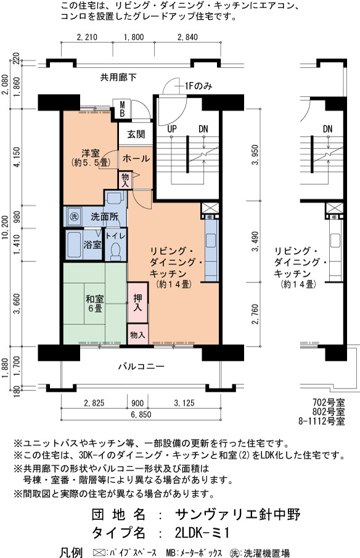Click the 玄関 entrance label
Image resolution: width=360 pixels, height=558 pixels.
tap(136, 134)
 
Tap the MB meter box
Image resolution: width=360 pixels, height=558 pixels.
tap(121, 109)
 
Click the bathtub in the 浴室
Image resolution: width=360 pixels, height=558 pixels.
tap(74, 245)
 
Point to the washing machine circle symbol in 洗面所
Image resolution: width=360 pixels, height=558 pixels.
tap(74, 216)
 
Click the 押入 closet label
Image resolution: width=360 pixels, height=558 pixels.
tap(137, 303)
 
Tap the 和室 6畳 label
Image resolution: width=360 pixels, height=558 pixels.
tap(95, 303)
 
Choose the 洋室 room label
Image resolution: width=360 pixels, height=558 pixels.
tap(91, 153)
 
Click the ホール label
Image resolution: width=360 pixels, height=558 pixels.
tap(136, 158)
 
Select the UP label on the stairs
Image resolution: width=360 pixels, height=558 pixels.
tap(172, 129)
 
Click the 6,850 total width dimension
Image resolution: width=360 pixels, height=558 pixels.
tap(141, 414)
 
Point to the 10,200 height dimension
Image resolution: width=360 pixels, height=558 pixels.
tap(6, 227)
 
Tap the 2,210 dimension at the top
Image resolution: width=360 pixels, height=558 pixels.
tap(87, 37)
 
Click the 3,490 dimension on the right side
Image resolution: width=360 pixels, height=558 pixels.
tap(255, 241)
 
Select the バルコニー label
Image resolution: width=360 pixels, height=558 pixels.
tap(141, 366)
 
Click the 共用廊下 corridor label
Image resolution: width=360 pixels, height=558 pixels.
tap(118, 77)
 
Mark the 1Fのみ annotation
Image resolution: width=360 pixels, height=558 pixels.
tap(198, 86)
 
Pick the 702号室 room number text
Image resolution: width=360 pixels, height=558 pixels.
tap(329, 403)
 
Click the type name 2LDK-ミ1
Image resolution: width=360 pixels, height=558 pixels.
tap(202, 533)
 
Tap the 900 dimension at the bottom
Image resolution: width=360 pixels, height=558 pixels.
tap(137, 403)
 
